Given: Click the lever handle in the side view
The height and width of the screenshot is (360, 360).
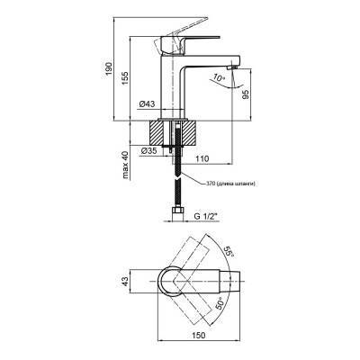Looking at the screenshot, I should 193,31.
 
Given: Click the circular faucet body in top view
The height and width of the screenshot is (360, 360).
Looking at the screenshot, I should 174,282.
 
